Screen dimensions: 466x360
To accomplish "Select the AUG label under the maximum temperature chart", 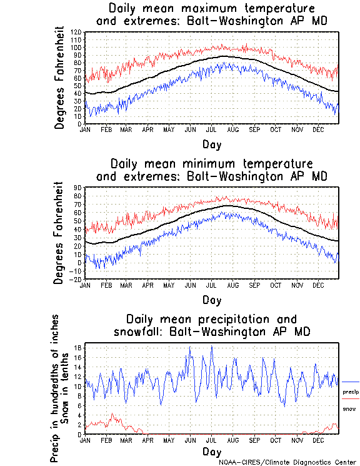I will click(232, 129).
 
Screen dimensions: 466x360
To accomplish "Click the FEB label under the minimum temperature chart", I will click(106, 285).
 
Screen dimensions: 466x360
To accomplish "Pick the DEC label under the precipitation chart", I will click(318, 440).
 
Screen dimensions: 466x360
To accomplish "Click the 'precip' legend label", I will click(350, 392).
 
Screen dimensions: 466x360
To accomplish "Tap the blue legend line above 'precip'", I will click(350, 382).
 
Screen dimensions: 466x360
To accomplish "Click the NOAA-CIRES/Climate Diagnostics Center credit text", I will click(289, 462).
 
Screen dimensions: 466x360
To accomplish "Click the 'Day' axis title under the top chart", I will click(211, 143).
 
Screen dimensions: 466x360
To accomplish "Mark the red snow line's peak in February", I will click(112, 414).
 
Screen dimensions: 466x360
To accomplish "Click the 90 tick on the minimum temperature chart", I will click(79, 187).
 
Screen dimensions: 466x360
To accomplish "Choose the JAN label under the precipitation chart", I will click(86, 440).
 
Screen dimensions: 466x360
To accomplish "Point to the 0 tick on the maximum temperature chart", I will click(80, 124).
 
